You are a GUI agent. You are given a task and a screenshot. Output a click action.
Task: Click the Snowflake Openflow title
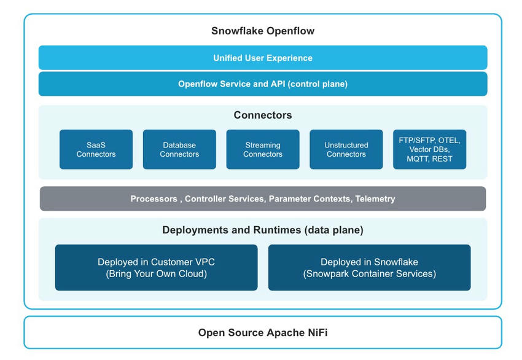tap(263, 31)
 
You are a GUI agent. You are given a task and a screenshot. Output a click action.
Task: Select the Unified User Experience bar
tap(263, 58)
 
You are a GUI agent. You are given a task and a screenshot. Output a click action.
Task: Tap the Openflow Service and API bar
tap(263, 84)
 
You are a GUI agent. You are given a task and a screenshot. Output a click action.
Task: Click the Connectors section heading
tap(263, 115)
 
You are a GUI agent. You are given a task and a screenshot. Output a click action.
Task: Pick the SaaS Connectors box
tap(96, 149)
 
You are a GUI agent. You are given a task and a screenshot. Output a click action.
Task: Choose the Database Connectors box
tap(179, 149)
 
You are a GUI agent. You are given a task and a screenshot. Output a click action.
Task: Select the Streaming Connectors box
tap(263, 149)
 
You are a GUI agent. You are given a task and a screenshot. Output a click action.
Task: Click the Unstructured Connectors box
tap(346, 149)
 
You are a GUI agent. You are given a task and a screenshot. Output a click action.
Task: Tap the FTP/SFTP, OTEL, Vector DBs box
tap(429, 149)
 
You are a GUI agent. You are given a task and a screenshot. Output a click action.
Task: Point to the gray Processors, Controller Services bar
tap(263, 199)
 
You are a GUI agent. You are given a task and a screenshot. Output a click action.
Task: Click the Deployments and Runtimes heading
tap(263, 230)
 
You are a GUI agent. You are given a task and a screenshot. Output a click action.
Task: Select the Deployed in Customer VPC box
tap(156, 268)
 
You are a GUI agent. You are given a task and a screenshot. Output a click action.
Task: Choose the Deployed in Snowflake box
tap(370, 268)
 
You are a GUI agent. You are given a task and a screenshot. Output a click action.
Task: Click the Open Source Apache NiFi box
tap(263, 332)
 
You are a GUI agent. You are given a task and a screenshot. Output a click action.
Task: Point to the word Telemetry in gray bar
tap(375, 199)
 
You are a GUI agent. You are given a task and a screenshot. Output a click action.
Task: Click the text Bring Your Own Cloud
tap(156, 274)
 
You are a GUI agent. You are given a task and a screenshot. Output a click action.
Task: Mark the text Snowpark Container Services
tap(370, 274)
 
